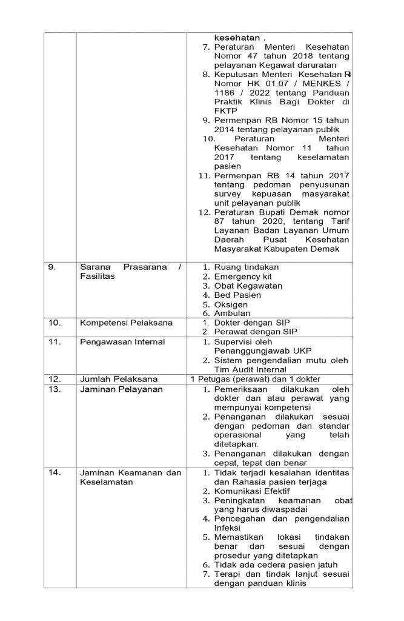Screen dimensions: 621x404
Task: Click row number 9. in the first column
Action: tap(53, 267)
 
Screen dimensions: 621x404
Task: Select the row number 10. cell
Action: tap(55, 323)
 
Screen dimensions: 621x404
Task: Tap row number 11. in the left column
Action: tap(55, 341)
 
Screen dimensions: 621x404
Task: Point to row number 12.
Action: tap(55, 379)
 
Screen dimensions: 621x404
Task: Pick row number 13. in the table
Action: tap(55, 389)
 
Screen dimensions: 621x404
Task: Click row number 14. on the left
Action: tap(55, 473)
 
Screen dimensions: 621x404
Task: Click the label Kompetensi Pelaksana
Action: tap(126, 323)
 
